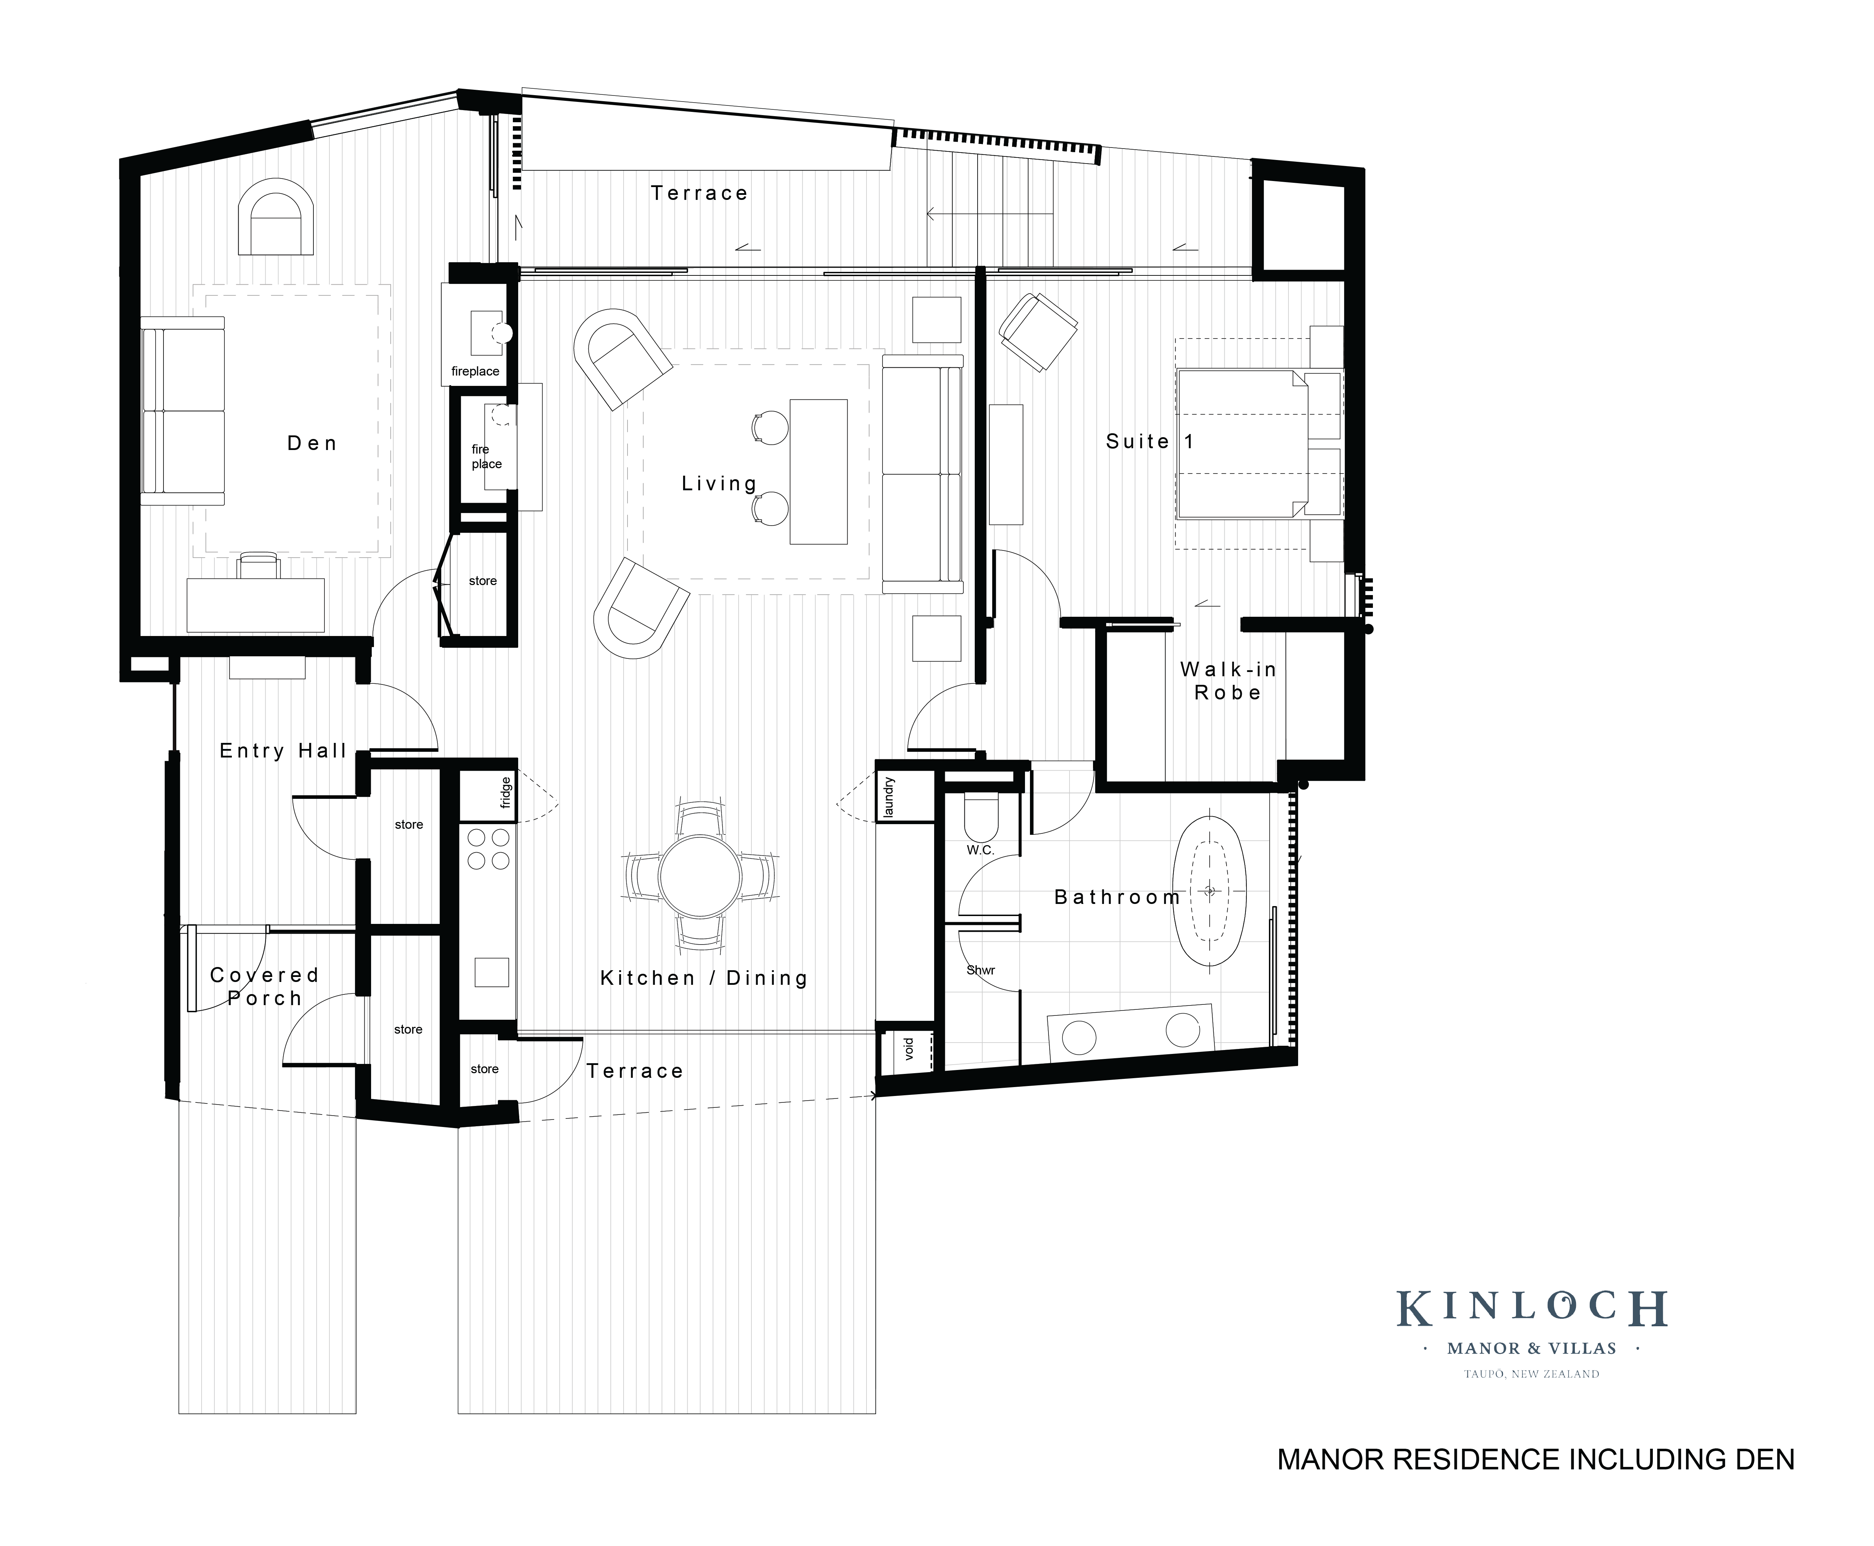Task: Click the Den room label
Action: tap(312, 444)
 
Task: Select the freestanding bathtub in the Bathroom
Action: tap(1209, 890)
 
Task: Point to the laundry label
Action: tap(889, 797)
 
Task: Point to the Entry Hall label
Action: tap(282, 751)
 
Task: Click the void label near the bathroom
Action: tap(908, 1049)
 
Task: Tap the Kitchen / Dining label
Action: tap(703, 978)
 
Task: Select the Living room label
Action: tap(718, 484)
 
